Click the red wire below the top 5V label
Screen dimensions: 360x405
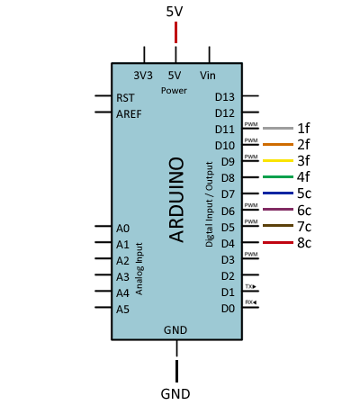[x=175, y=32]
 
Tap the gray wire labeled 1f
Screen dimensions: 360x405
[x=278, y=128]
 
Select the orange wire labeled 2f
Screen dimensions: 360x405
[x=278, y=144]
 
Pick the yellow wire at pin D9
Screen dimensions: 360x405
[x=278, y=160]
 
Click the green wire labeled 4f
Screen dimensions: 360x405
[x=278, y=176]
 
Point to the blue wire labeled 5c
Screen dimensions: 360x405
[x=278, y=193]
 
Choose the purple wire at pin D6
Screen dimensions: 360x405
[x=278, y=209]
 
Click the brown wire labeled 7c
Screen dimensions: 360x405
[x=278, y=225]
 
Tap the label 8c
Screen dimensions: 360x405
[x=304, y=243]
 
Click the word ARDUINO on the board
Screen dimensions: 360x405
[x=176, y=200]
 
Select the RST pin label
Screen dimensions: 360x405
[x=125, y=98]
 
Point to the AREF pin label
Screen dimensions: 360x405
[x=129, y=114]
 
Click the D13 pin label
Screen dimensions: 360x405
[x=225, y=97]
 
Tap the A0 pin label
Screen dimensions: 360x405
[x=122, y=229]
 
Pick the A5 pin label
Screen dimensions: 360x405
[x=122, y=309]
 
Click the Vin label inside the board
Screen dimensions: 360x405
[x=208, y=76]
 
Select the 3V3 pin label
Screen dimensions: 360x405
[x=143, y=76]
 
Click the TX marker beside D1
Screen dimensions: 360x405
[x=251, y=286]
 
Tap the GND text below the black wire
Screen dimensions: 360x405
[x=175, y=394]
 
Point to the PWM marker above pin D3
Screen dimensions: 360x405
[x=251, y=254]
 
